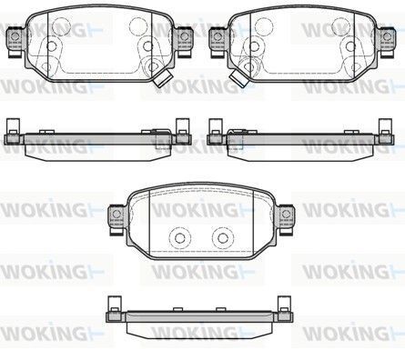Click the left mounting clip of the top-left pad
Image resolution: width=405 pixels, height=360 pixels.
[15, 41]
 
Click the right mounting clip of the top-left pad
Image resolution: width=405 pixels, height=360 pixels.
[183, 41]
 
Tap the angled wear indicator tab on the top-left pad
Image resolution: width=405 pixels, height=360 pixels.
[163, 77]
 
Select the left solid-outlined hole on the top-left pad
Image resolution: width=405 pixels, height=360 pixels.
[52, 46]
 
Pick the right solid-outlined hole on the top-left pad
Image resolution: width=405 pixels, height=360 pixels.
[147, 46]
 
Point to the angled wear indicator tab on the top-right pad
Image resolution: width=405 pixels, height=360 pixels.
[239, 77]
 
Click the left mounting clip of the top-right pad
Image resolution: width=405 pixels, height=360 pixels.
[218, 41]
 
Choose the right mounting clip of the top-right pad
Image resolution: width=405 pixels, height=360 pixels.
[386, 41]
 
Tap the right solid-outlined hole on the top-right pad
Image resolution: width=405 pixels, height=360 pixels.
[350, 46]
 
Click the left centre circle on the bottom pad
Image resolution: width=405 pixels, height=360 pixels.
[180, 238]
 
